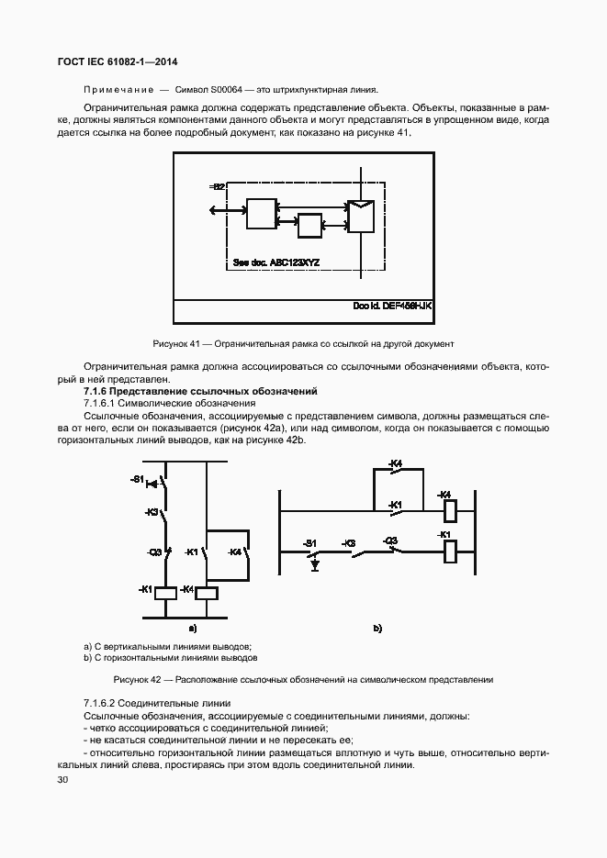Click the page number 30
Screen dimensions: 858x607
pos(62,780)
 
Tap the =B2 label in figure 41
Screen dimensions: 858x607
pos(217,187)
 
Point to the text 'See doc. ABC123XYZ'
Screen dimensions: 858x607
pos(275,262)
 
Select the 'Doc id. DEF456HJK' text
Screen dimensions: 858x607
pos(391,306)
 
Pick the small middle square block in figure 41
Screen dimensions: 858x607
pos(309,226)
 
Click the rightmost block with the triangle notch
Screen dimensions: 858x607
pos(359,216)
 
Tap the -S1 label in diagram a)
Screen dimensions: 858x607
pos(138,480)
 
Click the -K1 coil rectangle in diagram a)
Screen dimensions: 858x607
pos(164,593)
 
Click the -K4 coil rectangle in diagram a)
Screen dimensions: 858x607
pos(207,593)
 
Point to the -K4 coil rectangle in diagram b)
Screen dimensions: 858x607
pos(450,509)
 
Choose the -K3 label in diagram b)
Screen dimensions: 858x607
pos(349,543)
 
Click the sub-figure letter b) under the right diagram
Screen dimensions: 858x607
pos(377,629)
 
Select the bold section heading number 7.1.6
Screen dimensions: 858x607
pos(96,391)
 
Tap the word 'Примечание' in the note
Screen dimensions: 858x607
pos(116,90)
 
